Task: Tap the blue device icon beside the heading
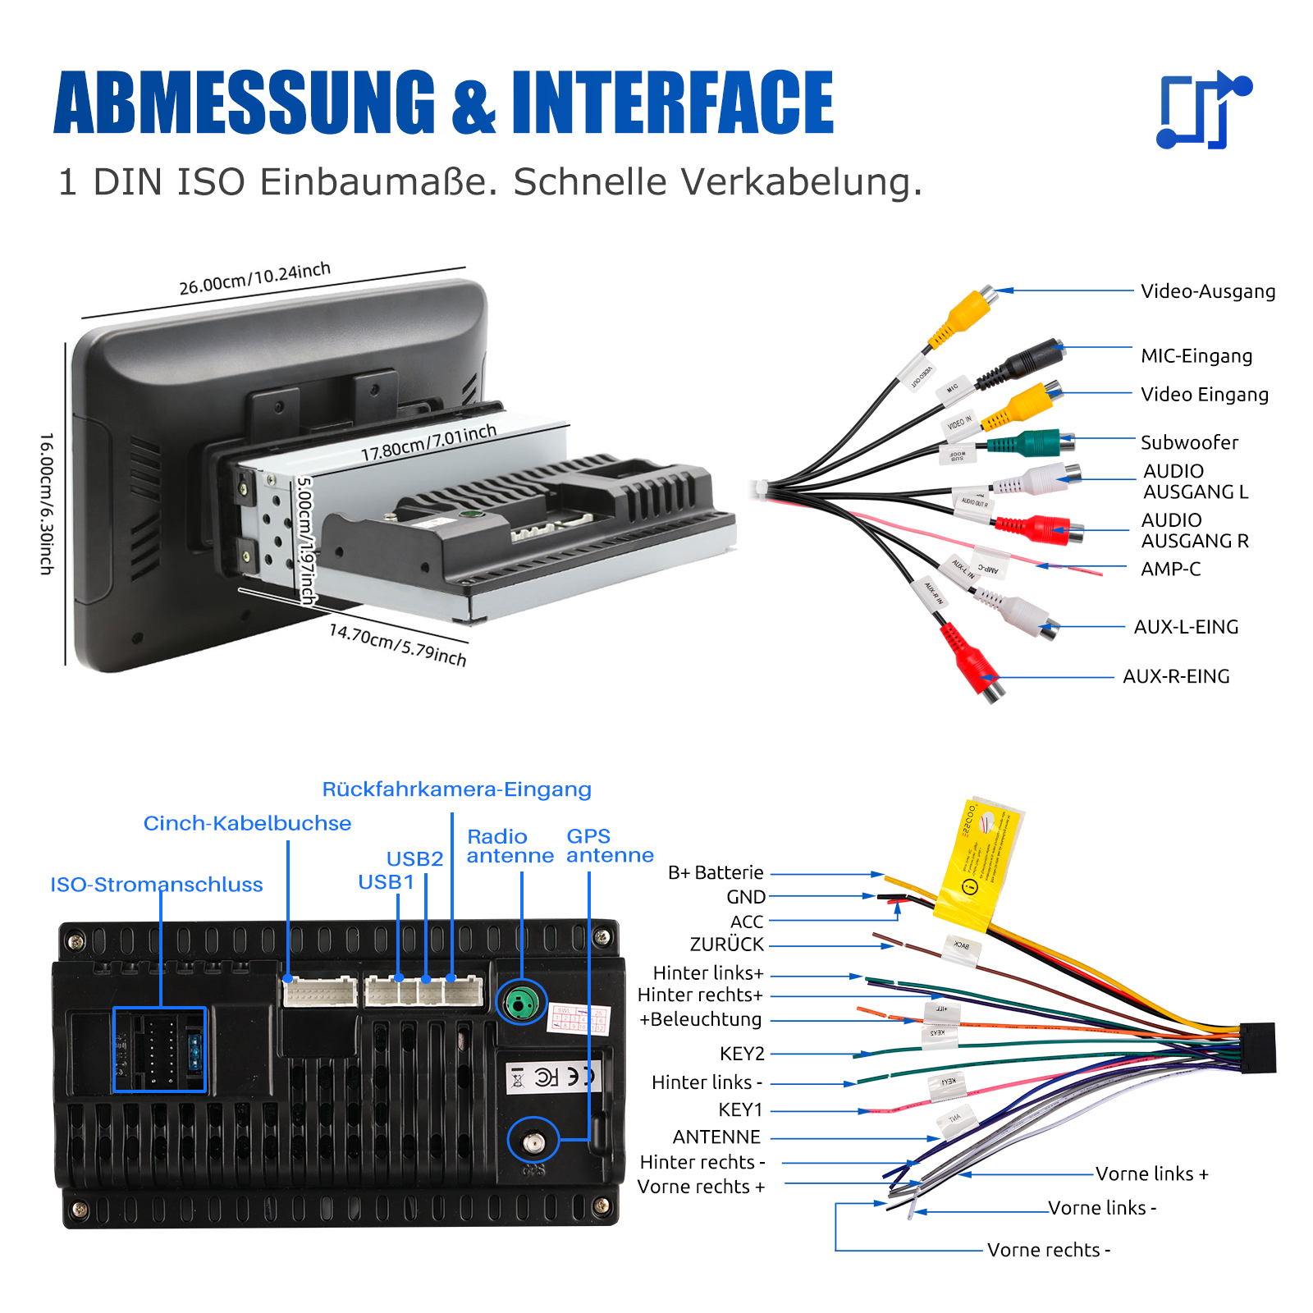[1204, 110]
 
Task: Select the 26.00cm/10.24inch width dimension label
[254, 279]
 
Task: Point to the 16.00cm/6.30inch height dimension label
[47, 503]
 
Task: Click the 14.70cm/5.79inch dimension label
[397, 645]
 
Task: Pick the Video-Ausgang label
[1207, 291]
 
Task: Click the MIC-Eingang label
[1196, 356]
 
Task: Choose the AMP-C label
[1170, 569]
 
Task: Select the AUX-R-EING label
[1175, 676]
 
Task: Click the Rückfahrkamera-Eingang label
[456, 789]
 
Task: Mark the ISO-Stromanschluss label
[157, 885]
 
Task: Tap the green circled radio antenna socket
[521, 1002]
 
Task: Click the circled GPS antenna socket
[533, 1140]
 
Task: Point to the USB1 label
[386, 882]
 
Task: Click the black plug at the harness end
[1257, 1048]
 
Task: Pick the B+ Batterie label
[716, 872]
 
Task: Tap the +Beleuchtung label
[701, 1019]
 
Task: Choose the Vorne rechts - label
[1048, 1250]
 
